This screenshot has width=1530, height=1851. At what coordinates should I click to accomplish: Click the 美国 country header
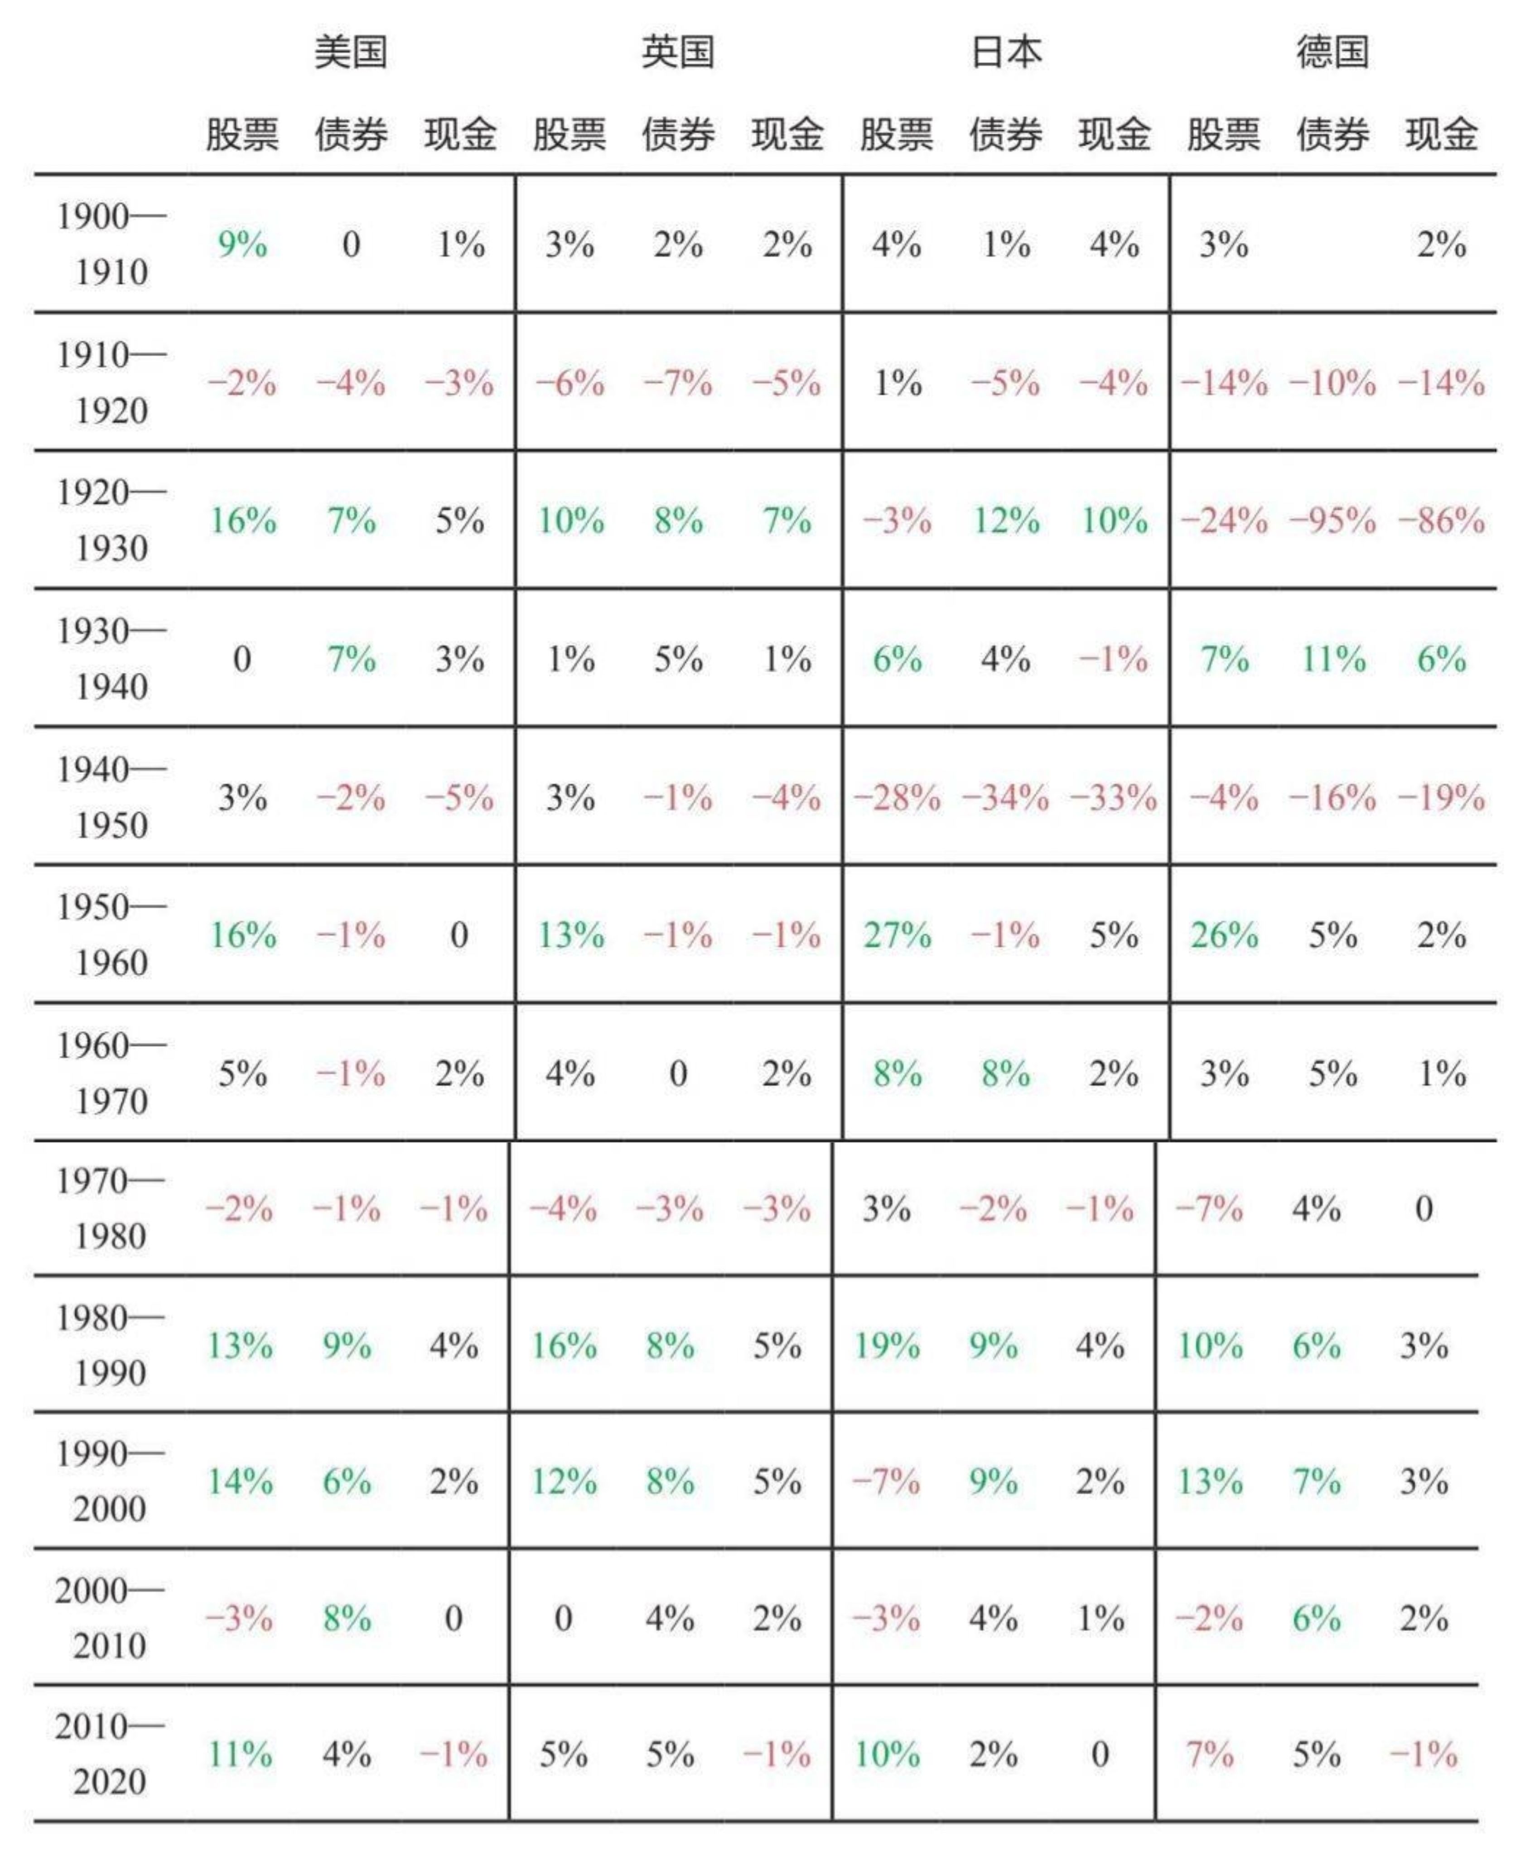[x=351, y=52]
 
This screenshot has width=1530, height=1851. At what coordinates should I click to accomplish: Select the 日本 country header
[x=1006, y=52]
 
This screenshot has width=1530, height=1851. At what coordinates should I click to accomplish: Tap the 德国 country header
[x=1332, y=52]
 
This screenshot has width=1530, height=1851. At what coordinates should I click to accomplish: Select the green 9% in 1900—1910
[x=242, y=244]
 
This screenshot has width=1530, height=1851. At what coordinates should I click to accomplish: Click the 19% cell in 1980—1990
[x=887, y=1345]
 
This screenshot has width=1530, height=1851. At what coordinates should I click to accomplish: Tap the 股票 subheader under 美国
[x=242, y=135]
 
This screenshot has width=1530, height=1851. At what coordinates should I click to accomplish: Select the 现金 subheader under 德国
[x=1441, y=135]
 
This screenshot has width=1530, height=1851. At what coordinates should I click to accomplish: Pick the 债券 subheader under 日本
[x=1006, y=135]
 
